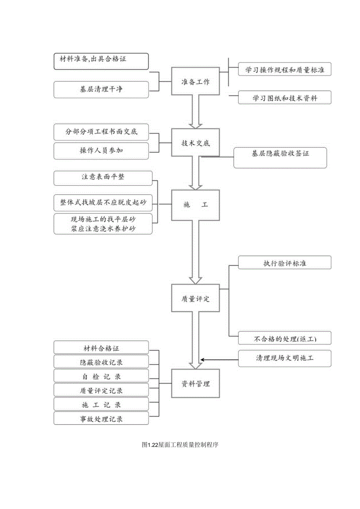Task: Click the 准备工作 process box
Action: click(x=196, y=81)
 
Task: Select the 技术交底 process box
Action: click(x=196, y=143)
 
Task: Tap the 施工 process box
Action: click(x=196, y=205)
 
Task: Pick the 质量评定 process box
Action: click(x=196, y=299)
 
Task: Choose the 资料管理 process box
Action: click(x=196, y=383)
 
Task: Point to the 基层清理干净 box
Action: click(x=101, y=90)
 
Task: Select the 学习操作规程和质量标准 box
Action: click(x=284, y=69)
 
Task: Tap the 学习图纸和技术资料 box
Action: click(x=284, y=97)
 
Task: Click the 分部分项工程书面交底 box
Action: click(x=101, y=132)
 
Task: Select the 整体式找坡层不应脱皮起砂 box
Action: click(x=103, y=201)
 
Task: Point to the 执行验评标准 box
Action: click(x=284, y=263)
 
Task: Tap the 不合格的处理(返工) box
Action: click(x=284, y=338)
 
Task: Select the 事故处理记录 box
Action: click(x=101, y=418)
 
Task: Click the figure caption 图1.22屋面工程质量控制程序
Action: click(x=180, y=444)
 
